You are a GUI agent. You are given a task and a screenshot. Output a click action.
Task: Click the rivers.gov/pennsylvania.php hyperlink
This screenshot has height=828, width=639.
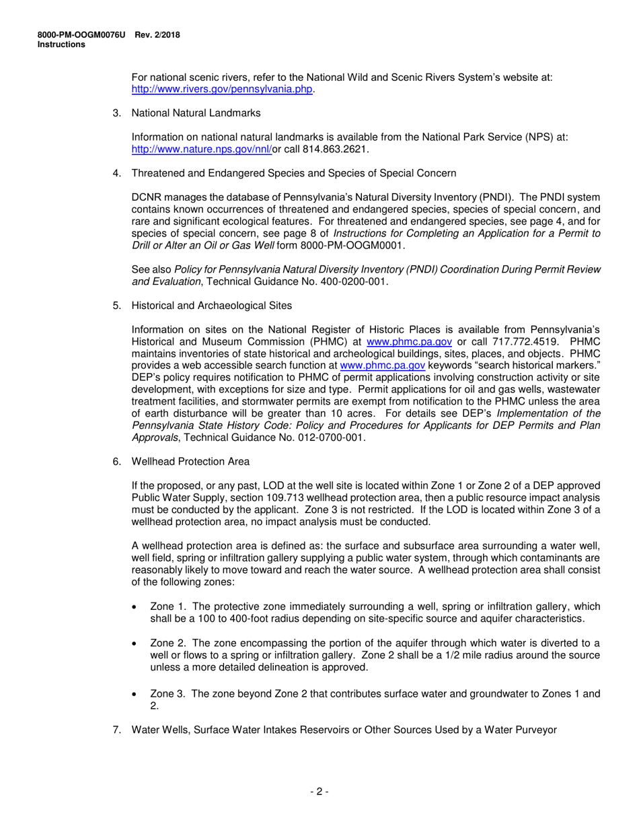point(222,90)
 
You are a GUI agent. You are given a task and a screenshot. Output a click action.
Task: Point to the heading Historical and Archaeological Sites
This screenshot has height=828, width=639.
point(212,306)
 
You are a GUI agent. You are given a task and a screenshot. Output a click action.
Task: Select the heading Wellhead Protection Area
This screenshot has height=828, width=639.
point(190,462)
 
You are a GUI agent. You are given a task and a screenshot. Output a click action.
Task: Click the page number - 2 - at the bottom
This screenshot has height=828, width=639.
point(319,792)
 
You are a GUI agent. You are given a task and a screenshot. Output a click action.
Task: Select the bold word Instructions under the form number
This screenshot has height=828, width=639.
point(61,44)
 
